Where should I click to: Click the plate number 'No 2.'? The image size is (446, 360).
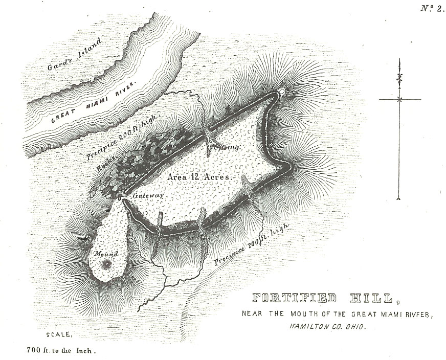(x=432, y=8)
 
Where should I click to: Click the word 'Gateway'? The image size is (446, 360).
(x=148, y=196)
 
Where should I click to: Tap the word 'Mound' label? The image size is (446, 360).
(x=105, y=254)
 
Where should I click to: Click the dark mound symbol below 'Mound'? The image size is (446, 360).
(x=107, y=264)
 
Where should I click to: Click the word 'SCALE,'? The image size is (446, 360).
(x=59, y=334)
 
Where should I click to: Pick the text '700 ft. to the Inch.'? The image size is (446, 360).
(x=60, y=351)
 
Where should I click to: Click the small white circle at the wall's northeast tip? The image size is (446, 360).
(x=281, y=93)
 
